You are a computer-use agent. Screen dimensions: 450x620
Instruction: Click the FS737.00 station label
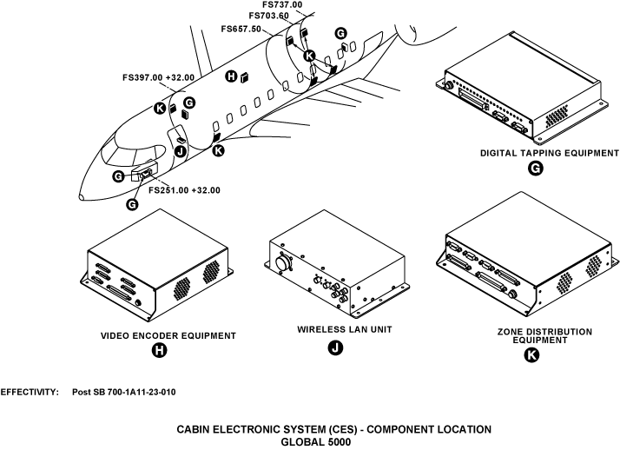click(x=282, y=5)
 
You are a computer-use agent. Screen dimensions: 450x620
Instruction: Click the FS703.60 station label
click(x=269, y=16)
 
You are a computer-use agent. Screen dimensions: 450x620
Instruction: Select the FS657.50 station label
click(x=243, y=28)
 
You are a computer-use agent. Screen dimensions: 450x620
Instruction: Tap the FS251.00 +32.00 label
click(x=184, y=190)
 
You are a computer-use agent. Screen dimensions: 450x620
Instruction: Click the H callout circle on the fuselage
click(x=230, y=76)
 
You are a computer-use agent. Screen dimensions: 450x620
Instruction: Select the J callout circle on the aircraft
click(x=181, y=151)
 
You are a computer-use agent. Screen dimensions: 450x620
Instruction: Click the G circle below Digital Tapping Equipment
click(x=536, y=169)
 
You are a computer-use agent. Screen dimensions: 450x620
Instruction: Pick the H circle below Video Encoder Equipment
click(x=159, y=350)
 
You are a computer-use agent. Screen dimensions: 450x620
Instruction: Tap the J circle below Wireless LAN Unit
click(x=334, y=347)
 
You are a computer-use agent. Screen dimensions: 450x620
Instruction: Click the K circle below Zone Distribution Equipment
click(x=532, y=355)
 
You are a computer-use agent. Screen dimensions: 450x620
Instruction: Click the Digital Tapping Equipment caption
click(x=536, y=153)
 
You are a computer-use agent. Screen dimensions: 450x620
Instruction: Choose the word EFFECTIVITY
click(x=29, y=393)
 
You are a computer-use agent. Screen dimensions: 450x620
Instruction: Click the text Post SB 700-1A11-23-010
click(x=124, y=393)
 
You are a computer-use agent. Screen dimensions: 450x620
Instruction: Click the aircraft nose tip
click(x=80, y=195)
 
